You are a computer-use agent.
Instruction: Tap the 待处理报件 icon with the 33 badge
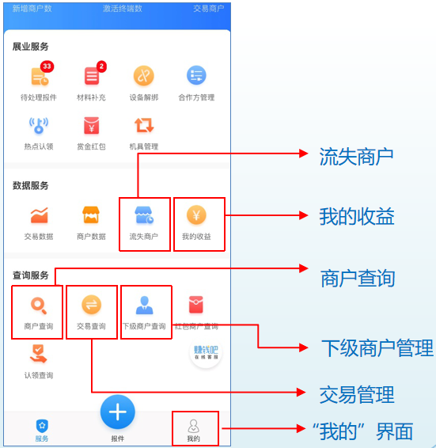click(40, 76)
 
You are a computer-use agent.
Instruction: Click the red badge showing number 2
click(101, 66)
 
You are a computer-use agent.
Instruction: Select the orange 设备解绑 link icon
click(144, 76)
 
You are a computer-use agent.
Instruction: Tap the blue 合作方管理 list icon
click(196, 75)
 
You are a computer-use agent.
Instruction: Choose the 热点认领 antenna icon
click(39, 125)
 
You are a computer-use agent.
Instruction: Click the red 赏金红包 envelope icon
click(92, 125)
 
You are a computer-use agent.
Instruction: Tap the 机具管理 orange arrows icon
click(144, 125)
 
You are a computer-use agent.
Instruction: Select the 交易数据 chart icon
click(40, 215)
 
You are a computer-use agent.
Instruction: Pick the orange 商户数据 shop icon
click(91, 215)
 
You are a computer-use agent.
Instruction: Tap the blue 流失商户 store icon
click(144, 215)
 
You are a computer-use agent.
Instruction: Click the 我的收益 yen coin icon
click(196, 215)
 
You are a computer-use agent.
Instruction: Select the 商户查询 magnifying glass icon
click(39, 306)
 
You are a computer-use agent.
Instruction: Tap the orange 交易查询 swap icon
click(92, 305)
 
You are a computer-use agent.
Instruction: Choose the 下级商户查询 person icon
click(144, 306)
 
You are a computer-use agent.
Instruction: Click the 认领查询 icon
click(38, 354)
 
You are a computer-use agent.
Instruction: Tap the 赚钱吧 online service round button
click(206, 352)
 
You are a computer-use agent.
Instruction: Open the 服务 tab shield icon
click(42, 426)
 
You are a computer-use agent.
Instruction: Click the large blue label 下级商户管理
click(377, 348)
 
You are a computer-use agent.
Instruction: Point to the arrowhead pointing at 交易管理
click(301, 393)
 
